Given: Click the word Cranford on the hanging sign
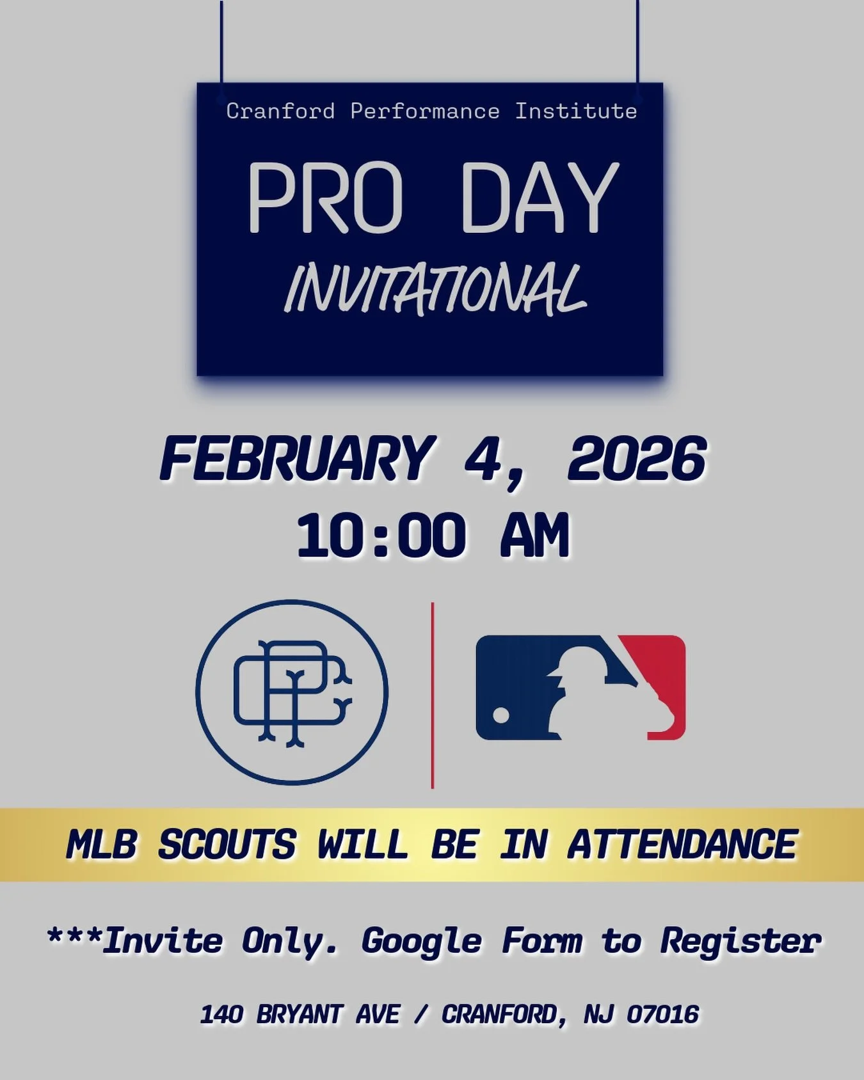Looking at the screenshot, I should [280, 111].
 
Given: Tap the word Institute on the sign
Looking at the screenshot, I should [576, 111].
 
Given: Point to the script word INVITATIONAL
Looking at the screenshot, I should [435, 291].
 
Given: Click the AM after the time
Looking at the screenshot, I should [534, 536].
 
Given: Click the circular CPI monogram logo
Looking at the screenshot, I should [292, 692].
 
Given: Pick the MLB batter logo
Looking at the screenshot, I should [580, 688].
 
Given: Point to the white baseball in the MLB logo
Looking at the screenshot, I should [501, 715].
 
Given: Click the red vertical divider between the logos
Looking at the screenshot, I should [433, 695].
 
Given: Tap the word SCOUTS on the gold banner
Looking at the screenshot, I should [227, 845].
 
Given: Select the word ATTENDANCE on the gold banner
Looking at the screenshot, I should [682, 845].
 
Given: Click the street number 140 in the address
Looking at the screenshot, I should [221, 1015].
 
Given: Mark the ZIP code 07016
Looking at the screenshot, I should [662, 1015].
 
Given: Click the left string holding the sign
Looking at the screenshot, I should [221, 42].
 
